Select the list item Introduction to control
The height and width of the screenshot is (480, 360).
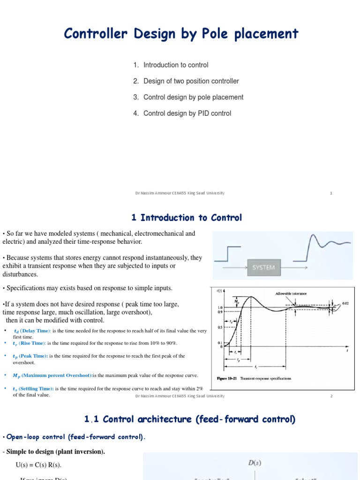176,65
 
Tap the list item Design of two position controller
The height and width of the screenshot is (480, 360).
191,81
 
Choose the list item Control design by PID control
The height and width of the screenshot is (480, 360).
187,113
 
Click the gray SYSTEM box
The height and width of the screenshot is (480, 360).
263,268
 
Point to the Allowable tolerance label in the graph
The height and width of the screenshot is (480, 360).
291,293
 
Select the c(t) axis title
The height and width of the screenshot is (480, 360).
219,291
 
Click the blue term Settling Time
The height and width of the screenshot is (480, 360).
36,389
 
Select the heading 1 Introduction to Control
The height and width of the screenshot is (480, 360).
187,217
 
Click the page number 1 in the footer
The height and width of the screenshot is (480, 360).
331,193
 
